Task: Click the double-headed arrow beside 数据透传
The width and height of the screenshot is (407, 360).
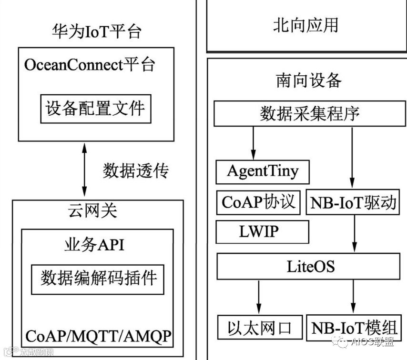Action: pyautogui.click(x=85, y=170)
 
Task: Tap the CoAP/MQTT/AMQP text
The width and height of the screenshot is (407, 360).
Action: pyautogui.click(x=98, y=335)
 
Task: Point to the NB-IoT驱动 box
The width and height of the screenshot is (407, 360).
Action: pyautogui.click(x=353, y=203)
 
